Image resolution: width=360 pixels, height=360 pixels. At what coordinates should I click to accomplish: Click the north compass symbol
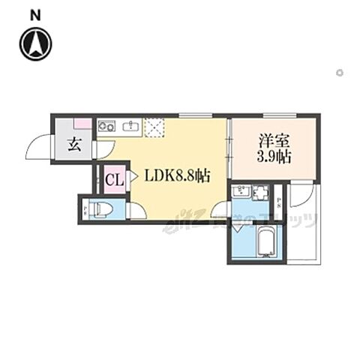[35, 43]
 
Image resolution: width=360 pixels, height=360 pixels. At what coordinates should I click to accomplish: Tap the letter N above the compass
[35, 14]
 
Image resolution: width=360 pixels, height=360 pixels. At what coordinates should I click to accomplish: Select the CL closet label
[114, 179]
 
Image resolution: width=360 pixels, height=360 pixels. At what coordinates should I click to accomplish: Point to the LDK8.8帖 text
[177, 177]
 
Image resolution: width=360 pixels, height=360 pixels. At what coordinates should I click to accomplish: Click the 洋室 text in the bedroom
[273, 140]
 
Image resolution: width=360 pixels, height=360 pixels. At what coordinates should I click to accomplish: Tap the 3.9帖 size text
[273, 157]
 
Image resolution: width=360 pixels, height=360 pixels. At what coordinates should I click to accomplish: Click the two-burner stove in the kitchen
[106, 127]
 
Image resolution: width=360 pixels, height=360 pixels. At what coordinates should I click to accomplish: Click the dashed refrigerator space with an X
[154, 127]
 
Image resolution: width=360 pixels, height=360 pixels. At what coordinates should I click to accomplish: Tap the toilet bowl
[102, 208]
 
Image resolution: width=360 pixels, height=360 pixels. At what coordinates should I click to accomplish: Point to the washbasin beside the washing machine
[242, 193]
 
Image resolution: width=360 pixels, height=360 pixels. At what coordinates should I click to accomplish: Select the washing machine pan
[259, 193]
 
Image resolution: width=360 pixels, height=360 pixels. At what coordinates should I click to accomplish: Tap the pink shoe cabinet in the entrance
[82, 123]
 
